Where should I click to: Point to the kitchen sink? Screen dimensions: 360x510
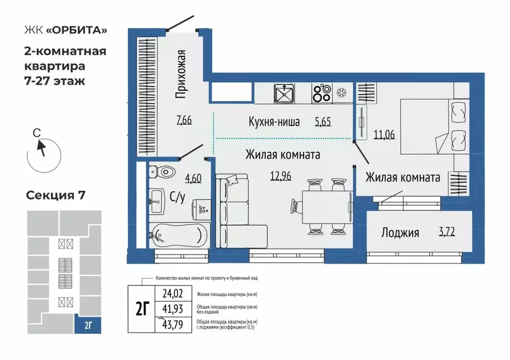pyautogui.click(x=284, y=93)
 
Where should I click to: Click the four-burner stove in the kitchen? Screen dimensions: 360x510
pyautogui.click(x=321, y=93)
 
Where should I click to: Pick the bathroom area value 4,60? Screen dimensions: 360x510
pyautogui.click(x=193, y=178)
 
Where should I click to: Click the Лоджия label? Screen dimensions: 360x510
pyautogui.click(x=400, y=233)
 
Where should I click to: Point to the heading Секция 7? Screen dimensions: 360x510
pyautogui.click(x=56, y=195)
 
